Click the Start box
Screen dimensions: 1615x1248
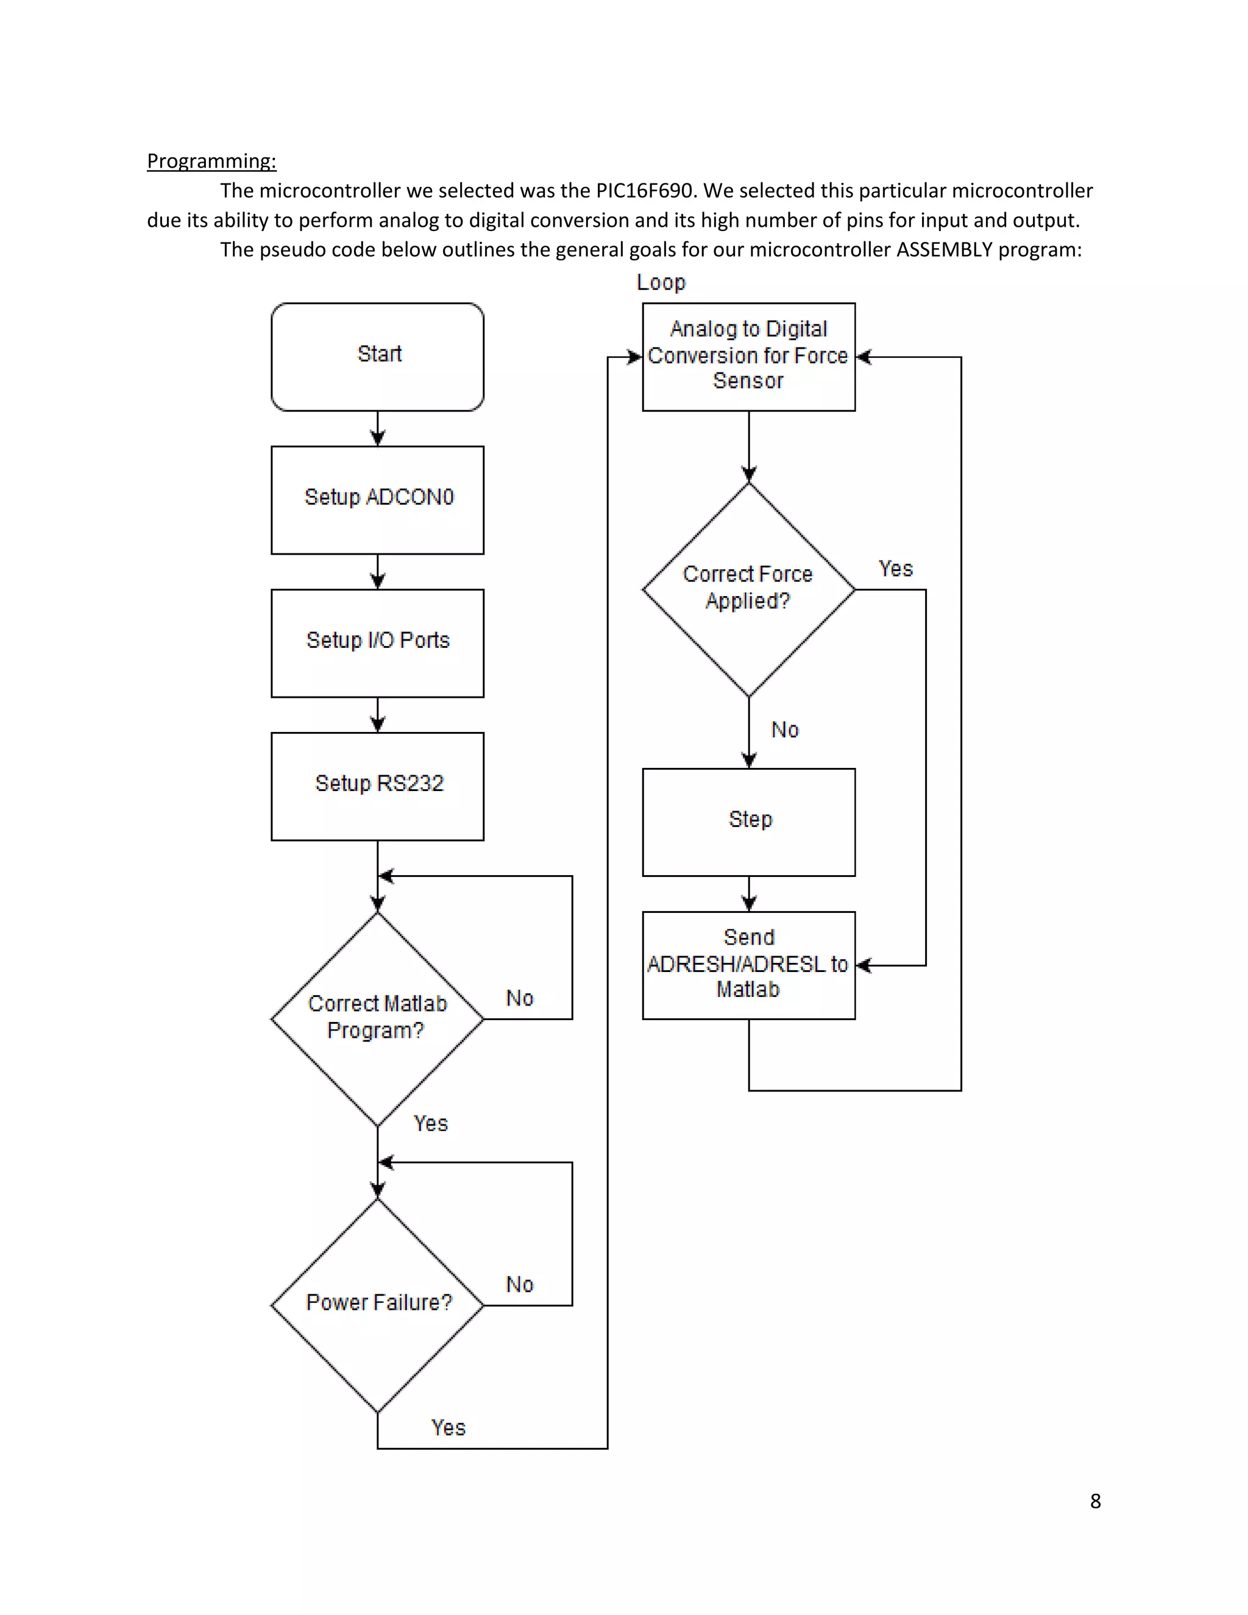(x=377, y=357)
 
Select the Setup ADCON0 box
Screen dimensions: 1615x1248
(x=377, y=499)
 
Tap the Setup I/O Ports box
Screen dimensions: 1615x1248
(x=377, y=642)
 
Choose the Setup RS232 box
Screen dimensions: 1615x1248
(x=377, y=786)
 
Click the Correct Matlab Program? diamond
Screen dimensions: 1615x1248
(x=377, y=1018)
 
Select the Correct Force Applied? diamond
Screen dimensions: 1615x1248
(x=748, y=589)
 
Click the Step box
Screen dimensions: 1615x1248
(x=748, y=822)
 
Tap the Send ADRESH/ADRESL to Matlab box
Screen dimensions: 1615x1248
(x=748, y=964)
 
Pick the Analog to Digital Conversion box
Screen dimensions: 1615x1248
(x=748, y=357)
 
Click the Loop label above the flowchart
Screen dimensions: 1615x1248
(x=661, y=283)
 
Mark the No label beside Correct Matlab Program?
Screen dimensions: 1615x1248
(x=520, y=998)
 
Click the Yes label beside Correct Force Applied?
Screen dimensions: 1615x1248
(x=895, y=569)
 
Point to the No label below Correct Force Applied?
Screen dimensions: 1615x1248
(x=784, y=730)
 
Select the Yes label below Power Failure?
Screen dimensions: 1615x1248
(x=448, y=1427)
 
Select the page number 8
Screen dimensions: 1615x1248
(x=1095, y=1501)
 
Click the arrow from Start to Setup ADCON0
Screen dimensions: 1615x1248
(x=377, y=429)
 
